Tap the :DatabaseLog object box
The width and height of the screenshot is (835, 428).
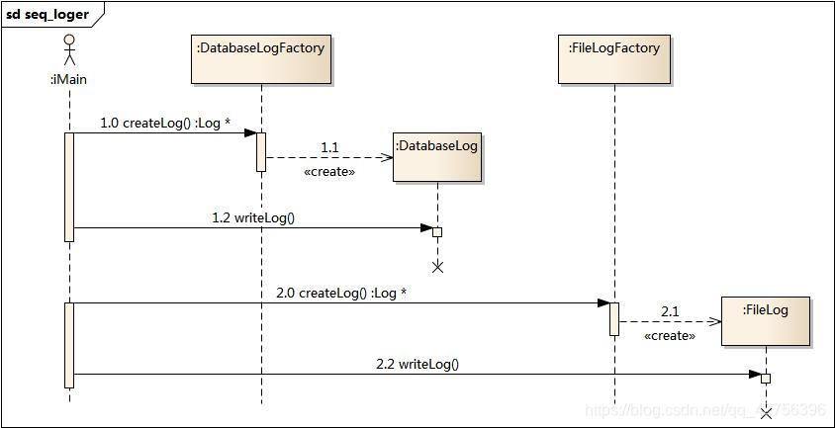(x=436, y=156)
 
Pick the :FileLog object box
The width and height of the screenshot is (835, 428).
(x=765, y=320)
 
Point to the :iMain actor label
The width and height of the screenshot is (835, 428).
(x=68, y=79)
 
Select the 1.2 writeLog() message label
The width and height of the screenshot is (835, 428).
(x=253, y=217)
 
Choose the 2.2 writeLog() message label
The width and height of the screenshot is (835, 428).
(x=417, y=364)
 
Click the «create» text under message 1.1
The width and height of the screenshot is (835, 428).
(x=328, y=171)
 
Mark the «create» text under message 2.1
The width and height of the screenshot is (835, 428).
(x=669, y=335)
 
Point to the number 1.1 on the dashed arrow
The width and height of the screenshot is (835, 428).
(x=329, y=147)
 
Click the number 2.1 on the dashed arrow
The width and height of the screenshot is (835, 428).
(x=670, y=311)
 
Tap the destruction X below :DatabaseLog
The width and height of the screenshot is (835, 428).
(x=437, y=267)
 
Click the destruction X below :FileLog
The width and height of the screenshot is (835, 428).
(x=765, y=412)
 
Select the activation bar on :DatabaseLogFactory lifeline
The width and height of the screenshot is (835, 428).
(x=261, y=151)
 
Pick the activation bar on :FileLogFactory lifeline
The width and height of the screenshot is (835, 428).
(x=613, y=318)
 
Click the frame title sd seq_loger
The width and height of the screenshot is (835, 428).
(x=47, y=15)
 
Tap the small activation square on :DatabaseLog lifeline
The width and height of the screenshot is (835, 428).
(x=437, y=232)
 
